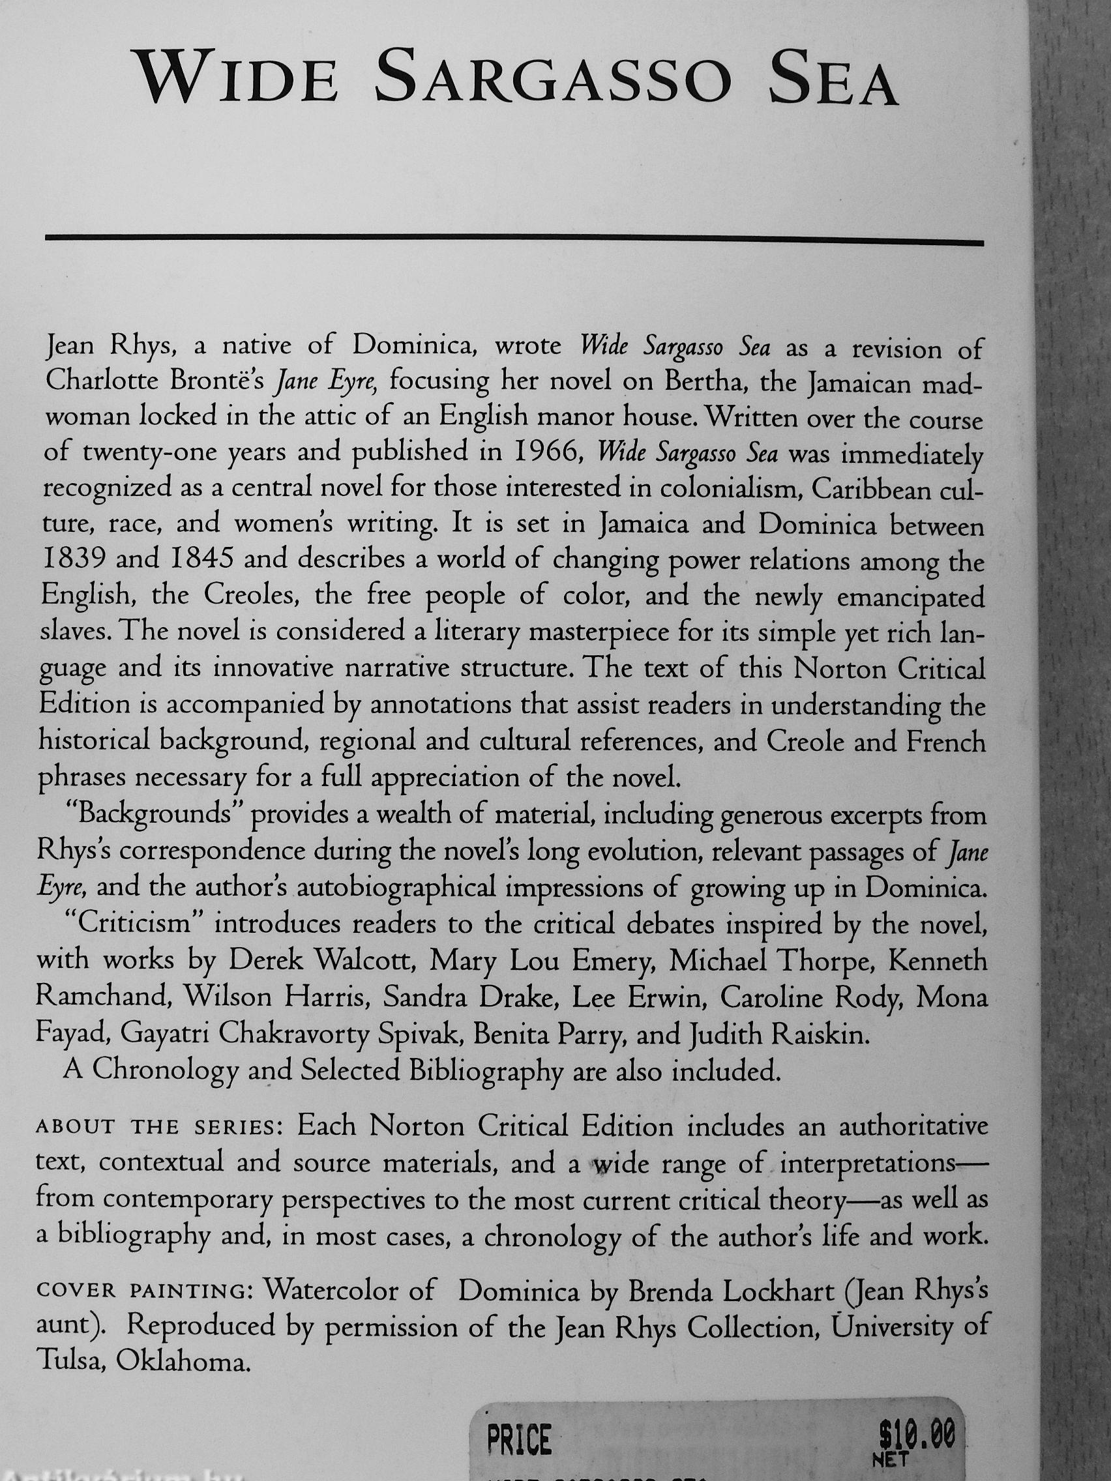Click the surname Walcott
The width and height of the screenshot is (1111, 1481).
(x=365, y=961)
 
